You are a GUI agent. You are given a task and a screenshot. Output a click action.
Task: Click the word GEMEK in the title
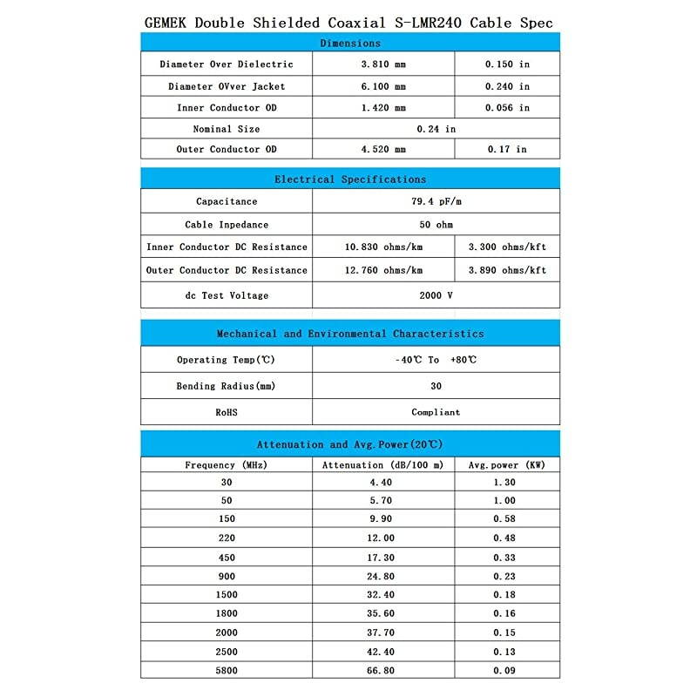pyautogui.click(x=165, y=23)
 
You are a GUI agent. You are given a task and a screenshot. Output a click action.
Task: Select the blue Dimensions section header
pyautogui.click(x=349, y=43)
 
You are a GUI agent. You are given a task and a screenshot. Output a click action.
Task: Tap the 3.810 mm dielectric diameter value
pyautogui.click(x=382, y=64)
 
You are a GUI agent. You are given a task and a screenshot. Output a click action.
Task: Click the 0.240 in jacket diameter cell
pyautogui.click(x=507, y=86)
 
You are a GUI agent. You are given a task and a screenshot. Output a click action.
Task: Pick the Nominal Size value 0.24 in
pyautogui.click(x=436, y=129)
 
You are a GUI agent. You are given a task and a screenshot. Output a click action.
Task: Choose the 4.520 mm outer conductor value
pyautogui.click(x=382, y=149)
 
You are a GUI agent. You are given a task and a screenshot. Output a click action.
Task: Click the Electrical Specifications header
pyautogui.click(x=349, y=179)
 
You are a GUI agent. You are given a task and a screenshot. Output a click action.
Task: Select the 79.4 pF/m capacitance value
pyautogui.click(x=436, y=201)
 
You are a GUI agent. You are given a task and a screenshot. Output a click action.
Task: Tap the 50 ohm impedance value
pyautogui.click(x=436, y=225)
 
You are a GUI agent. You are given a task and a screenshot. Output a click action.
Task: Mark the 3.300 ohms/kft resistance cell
pyautogui.click(x=507, y=247)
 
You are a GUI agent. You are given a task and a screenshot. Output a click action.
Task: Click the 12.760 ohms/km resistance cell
pyautogui.click(x=383, y=270)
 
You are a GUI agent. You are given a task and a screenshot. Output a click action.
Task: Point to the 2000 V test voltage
pyautogui.click(x=436, y=295)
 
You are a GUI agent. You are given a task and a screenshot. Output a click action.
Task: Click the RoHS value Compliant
pyautogui.click(x=436, y=412)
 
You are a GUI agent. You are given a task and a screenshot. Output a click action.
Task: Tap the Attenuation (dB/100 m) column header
pyautogui.click(x=382, y=465)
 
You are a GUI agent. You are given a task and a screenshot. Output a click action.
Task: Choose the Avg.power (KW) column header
pyautogui.click(x=507, y=465)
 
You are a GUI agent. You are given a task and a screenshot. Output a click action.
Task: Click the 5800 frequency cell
pyautogui.click(x=227, y=671)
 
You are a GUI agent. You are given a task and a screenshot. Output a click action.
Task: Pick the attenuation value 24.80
pyautogui.click(x=382, y=577)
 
